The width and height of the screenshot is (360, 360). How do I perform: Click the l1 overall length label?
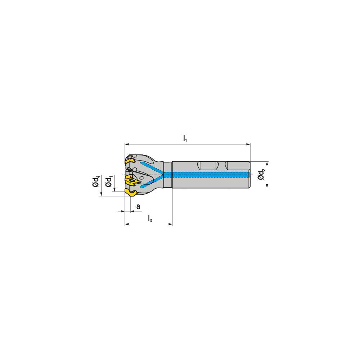point(185,138)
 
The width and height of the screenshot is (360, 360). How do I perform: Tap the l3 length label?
point(150,218)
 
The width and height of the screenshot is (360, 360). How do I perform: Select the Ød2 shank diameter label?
point(262,175)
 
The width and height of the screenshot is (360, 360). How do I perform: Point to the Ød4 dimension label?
point(96,181)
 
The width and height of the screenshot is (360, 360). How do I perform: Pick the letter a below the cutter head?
point(138,206)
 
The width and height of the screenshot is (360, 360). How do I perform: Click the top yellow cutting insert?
point(130,159)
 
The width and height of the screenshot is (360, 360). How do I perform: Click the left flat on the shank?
point(208,166)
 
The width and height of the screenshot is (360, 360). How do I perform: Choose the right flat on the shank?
point(237,166)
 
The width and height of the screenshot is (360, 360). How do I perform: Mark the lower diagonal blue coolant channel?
point(151,182)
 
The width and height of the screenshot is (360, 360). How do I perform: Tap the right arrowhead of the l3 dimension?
point(170,225)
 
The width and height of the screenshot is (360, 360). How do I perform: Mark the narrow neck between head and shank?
point(168,175)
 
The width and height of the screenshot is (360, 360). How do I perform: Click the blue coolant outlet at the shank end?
point(248,175)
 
